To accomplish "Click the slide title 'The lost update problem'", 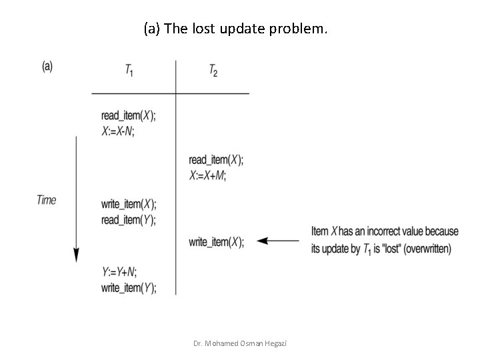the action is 235,29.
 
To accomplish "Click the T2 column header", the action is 213,71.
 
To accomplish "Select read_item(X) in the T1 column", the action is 129,116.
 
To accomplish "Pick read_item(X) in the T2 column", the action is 216,159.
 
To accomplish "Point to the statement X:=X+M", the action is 207,175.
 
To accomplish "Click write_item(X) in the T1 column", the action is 129,204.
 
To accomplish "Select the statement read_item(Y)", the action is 129,219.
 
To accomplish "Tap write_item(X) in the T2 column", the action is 216,241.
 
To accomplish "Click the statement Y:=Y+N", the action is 119,272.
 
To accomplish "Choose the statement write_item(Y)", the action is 129,287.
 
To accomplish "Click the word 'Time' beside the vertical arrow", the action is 47,199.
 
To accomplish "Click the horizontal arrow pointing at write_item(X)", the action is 278,241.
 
